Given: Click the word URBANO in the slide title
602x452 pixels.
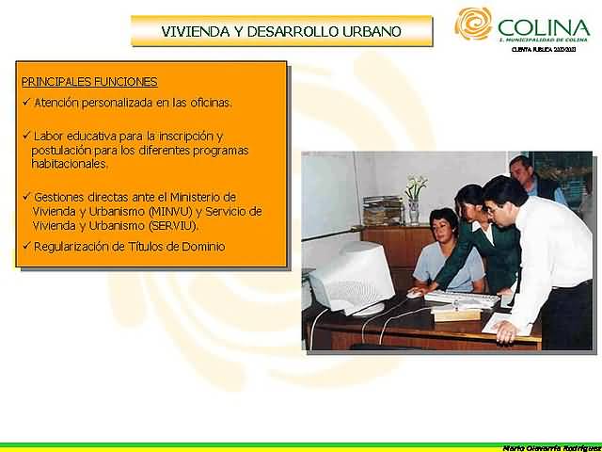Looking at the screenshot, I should [x=374, y=31].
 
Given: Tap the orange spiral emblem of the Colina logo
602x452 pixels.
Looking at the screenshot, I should [x=473, y=24].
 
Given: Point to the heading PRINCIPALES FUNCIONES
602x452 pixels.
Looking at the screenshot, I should [x=89, y=82].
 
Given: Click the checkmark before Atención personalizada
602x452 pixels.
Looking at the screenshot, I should [x=26, y=102].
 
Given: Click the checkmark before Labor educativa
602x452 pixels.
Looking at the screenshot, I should [x=26, y=136].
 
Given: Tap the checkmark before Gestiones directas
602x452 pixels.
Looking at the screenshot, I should [x=26, y=197].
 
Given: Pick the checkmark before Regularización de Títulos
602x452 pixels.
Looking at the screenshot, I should [x=26, y=247].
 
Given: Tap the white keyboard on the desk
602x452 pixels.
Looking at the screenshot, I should [x=460, y=299].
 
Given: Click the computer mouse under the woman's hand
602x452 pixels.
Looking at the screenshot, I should [x=414, y=294].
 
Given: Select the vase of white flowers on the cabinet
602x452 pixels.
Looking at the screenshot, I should [x=414, y=198].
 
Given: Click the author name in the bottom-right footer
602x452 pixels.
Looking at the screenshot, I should [x=550, y=446].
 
